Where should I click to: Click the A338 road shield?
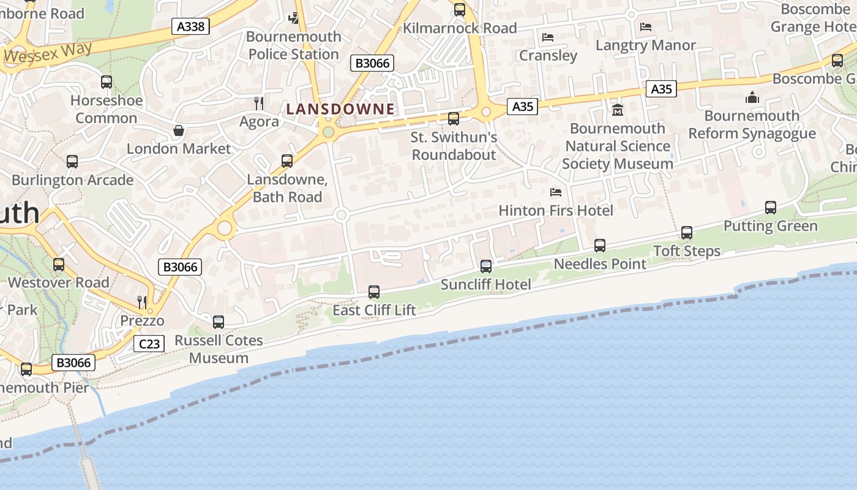click(190, 26)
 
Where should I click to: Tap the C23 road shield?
click(149, 344)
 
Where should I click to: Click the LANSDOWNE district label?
click(340, 109)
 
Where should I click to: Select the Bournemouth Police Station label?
click(294, 45)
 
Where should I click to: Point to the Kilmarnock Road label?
click(460, 28)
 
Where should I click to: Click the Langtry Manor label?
click(645, 45)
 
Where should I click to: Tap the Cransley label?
click(548, 55)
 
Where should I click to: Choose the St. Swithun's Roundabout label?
click(454, 146)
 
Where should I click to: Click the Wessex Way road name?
click(48, 53)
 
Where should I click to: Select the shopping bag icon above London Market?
click(179, 130)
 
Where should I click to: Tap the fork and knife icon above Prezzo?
click(142, 302)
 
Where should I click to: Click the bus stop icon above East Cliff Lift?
click(374, 292)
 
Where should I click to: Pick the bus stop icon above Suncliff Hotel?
click(486, 266)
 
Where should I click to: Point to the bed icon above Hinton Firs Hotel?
click(556, 192)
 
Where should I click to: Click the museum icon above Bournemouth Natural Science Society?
click(617, 110)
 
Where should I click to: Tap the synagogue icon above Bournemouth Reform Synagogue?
click(752, 97)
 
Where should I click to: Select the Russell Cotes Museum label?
click(219, 349)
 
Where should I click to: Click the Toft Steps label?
click(687, 251)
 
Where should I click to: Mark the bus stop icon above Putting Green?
click(771, 208)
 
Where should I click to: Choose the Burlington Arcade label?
click(72, 180)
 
